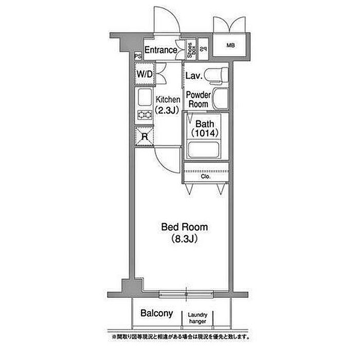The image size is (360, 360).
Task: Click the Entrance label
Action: pyautogui.click(x=160, y=50)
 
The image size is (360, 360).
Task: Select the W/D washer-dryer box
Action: pyautogui.click(x=145, y=75)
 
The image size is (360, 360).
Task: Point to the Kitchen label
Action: pyautogui.click(x=168, y=100)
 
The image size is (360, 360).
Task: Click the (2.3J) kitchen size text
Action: pyautogui.click(x=168, y=110)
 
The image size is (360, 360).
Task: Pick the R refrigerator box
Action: pyautogui.click(x=145, y=136)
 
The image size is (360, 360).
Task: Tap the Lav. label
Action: pyautogui.click(x=193, y=76)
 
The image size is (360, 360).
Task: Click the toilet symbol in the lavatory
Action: pyautogui.click(x=214, y=75)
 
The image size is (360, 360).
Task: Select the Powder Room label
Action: pyautogui.click(x=198, y=99)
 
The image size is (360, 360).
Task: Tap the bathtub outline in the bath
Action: pyautogui.click(x=205, y=150)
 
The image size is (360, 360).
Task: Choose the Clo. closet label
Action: pyautogui.click(x=205, y=177)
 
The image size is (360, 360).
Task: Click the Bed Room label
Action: pyautogui.click(x=179, y=227)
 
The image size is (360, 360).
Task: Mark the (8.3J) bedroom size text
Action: pyautogui.click(x=179, y=239)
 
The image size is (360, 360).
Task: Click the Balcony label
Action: pyautogui.click(x=156, y=313)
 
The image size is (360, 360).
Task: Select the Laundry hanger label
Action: pyautogui.click(x=197, y=318)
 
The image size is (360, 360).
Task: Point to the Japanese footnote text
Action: pyautogui.click(x=179, y=337)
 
